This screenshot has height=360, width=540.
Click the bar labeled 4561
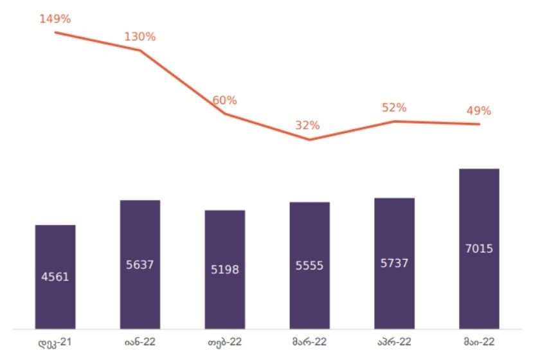pyautogui.click(x=55, y=276)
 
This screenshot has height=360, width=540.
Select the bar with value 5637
pyautogui.click(x=140, y=264)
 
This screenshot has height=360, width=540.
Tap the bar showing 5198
pyautogui.click(x=225, y=269)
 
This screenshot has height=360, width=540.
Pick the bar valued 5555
pyautogui.click(x=310, y=265)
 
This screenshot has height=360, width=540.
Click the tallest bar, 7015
pyautogui.click(x=480, y=249)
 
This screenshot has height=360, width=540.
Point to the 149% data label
pyautogui.click(x=55, y=19)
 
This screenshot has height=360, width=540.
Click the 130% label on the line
pyautogui.click(x=140, y=37)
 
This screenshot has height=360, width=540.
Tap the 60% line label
pyautogui.click(x=225, y=100)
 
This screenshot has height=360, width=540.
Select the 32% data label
pyautogui.click(x=307, y=125)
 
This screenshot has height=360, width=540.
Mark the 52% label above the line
pyautogui.click(x=393, y=108)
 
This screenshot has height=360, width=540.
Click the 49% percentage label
pyautogui.click(x=478, y=111)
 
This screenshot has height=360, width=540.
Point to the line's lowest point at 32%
pyautogui.click(x=310, y=139)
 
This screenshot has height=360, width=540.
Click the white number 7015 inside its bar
pyautogui.click(x=480, y=248)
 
